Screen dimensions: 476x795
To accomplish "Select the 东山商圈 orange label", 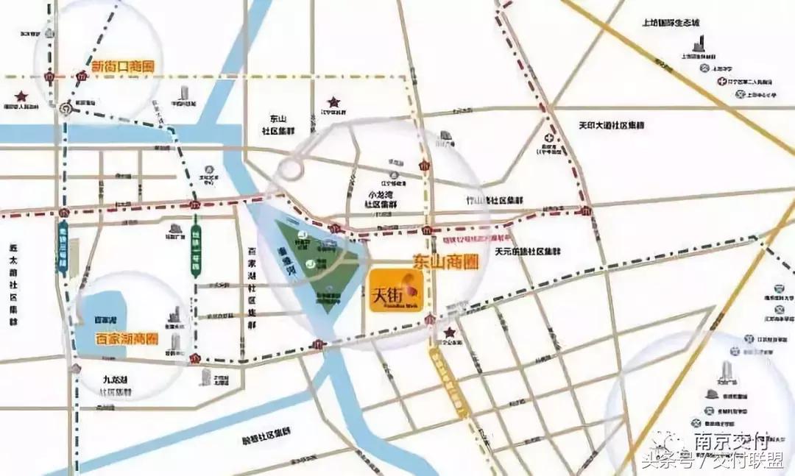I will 439,260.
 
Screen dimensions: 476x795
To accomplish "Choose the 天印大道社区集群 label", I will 611,126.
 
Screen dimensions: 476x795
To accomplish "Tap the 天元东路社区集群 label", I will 529,251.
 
